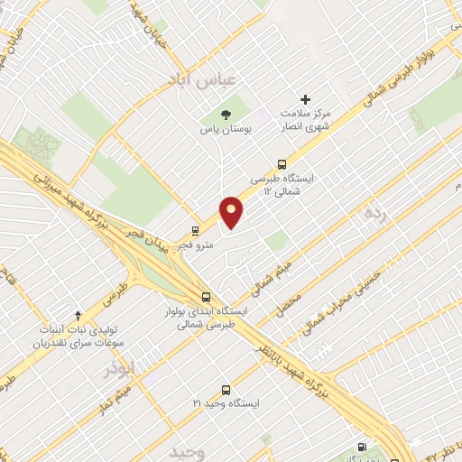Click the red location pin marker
pyautogui.click(x=232, y=211)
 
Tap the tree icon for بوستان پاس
pyautogui.click(x=226, y=114)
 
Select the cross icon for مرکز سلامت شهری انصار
pyautogui.click(x=305, y=99)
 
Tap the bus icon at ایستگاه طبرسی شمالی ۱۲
pyautogui.click(x=282, y=165)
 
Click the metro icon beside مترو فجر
pyautogui.click(x=195, y=231)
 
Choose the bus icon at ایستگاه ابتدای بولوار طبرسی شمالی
pyautogui.click(x=207, y=296)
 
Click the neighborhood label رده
pyautogui.click(x=374, y=214)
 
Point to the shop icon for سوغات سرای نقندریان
pyautogui.click(x=78, y=315)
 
